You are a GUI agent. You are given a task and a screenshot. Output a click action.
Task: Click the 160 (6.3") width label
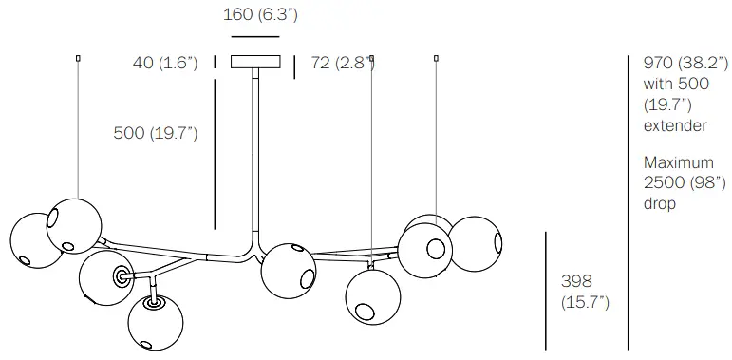click(x=260, y=15)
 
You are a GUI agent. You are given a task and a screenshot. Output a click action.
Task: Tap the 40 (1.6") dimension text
click(x=165, y=63)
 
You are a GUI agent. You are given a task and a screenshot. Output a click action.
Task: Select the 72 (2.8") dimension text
click(x=342, y=63)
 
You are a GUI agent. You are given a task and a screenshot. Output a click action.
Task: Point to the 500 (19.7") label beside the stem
click(x=156, y=133)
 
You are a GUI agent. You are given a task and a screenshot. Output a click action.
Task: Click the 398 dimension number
click(x=576, y=281)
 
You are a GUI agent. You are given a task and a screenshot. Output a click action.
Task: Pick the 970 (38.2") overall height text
click(x=685, y=63)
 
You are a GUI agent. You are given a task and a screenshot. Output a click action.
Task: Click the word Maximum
click(x=679, y=162)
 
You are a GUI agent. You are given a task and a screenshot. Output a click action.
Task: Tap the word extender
click(x=675, y=125)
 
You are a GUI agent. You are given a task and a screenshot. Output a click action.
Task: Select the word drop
click(x=660, y=204)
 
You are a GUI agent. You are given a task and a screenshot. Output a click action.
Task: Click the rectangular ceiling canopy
click(x=255, y=62)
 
